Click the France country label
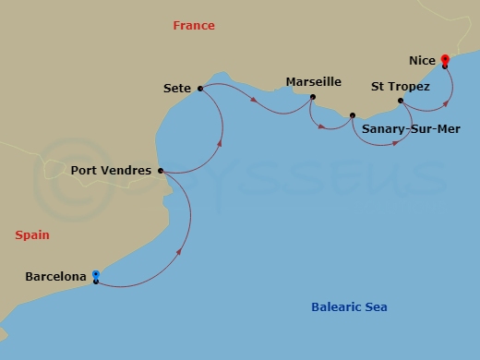(194, 26)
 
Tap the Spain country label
(32, 235)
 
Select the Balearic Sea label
(349, 307)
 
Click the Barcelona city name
(56, 276)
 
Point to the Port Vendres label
(111, 171)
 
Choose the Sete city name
(175, 89)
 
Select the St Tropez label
(401, 87)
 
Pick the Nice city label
(422, 61)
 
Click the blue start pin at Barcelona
(95, 274)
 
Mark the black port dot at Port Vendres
(161, 171)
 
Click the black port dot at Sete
(199, 89)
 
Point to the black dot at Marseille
(313, 97)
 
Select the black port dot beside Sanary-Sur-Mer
(353, 115)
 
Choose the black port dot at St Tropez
(400, 101)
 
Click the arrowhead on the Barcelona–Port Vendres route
(177, 250)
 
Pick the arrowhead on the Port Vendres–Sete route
(220, 143)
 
